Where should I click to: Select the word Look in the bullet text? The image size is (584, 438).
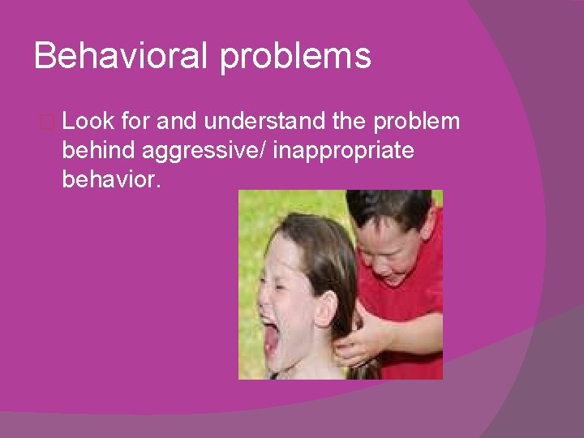87,122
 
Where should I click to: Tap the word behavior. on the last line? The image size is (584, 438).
111,178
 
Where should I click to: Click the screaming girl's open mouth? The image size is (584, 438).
270,341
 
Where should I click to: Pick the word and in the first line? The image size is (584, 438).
178,122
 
